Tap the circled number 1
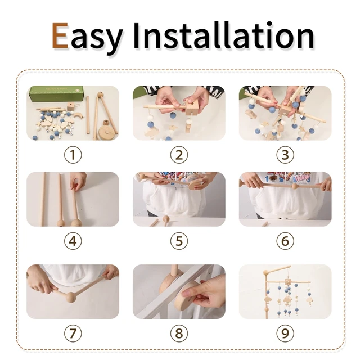[73, 155]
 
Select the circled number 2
[179, 155]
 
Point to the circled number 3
[285, 155]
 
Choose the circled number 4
[73, 241]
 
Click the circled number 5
[179, 241]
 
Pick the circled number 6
[285, 241]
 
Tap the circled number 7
[73, 333]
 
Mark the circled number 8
[179, 333]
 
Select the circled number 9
[285, 333]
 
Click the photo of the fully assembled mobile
[285, 291]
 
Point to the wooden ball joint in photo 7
[70, 296]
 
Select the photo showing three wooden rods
[73, 199]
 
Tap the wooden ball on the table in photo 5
[166, 219]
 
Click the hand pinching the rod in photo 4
[79, 181]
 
